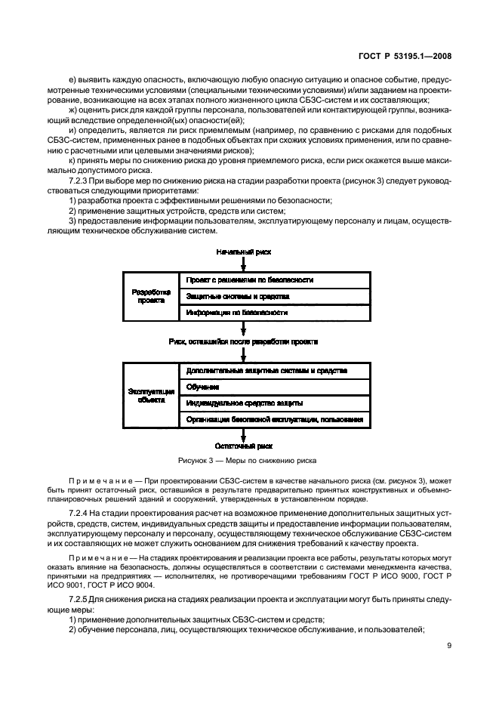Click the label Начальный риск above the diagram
243,250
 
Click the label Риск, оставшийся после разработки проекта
243,341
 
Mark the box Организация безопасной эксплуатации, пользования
274,419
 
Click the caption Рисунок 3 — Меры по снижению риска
247,460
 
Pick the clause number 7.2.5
76,597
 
